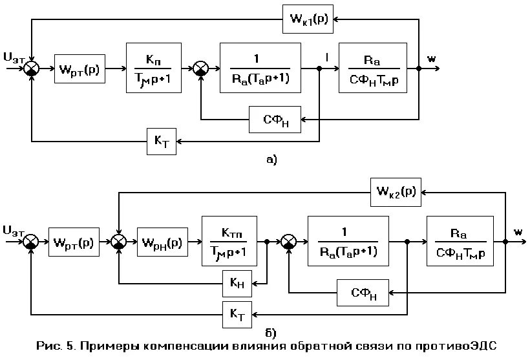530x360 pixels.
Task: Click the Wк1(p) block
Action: tap(308, 19)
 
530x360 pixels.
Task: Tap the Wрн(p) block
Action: tap(162, 242)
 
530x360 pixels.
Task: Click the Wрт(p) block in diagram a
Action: tap(80, 68)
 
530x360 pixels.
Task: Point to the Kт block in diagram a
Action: tap(160, 141)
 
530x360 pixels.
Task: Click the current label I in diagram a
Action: tap(327, 58)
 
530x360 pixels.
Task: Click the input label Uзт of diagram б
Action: tap(16, 230)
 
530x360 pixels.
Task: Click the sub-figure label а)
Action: tap(271, 159)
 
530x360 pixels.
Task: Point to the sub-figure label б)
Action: tap(271, 333)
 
